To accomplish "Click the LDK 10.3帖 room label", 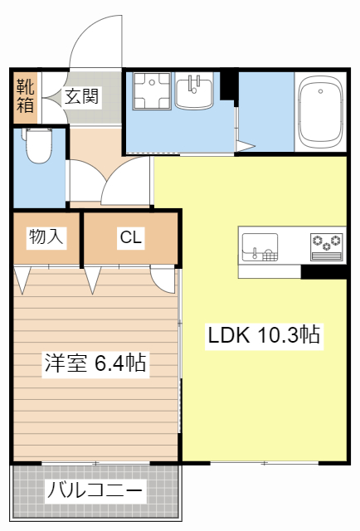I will (x=264, y=335).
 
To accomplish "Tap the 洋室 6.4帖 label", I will (x=95, y=363).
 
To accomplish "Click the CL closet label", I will (x=130, y=238).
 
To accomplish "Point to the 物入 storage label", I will (x=46, y=237).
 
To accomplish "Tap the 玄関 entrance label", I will (x=82, y=96).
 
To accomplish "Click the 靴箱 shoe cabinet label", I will (x=25, y=95).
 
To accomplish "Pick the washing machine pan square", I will (x=151, y=91).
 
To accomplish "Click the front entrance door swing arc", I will (x=95, y=41).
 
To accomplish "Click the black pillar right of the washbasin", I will (x=228, y=84).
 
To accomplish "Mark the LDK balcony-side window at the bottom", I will (x=264, y=462).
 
